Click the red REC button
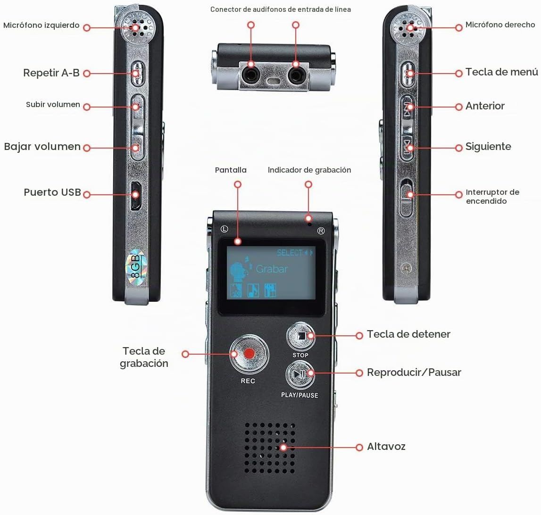pos(249,354)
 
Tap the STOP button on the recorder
pos(300,336)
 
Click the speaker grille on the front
pos(270,448)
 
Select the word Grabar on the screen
pos(272,269)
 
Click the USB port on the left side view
pos(135,195)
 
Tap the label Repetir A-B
pos(51,73)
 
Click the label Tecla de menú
pos(502,72)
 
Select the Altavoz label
pos(386,446)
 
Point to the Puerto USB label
pos(52,192)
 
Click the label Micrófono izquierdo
pos(42,25)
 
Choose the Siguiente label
pos(488,146)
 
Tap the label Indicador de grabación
pos(309,170)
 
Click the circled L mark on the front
pos(224,229)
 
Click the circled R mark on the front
pos(321,231)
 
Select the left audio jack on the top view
pos(251,74)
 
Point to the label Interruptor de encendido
pos(492,197)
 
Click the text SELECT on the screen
pos(290,253)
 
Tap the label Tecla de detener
pos(408,334)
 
